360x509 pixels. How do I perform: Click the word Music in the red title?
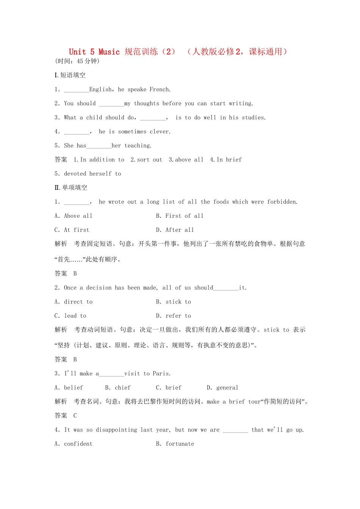point(109,52)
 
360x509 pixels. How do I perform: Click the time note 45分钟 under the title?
point(88,61)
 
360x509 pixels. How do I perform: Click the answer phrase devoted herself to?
point(92,174)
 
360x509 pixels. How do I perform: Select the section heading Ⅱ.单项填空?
point(71,188)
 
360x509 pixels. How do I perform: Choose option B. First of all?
point(180,216)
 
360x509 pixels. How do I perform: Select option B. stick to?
point(174,302)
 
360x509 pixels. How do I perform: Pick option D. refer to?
point(174,316)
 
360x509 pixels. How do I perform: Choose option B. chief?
point(118,388)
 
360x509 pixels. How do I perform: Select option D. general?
point(222,388)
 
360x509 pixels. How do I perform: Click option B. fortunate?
point(175,444)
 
